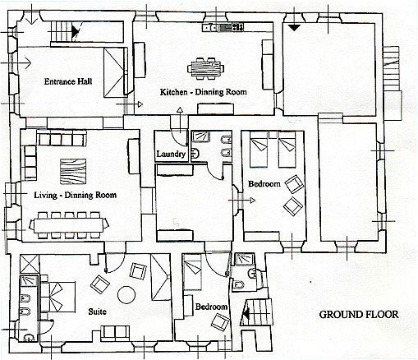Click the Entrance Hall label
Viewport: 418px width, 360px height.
pyautogui.click(x=68, y=81)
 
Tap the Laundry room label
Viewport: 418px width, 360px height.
pyautogui.click(x=171, y=154)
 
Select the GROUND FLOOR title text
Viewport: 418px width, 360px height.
pyautogui.click(x=359, y=315)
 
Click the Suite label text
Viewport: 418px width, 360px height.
pyautogui.click(x=98, y=312)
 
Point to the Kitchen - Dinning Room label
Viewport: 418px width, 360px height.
pyautogui.click(x=204, y=92)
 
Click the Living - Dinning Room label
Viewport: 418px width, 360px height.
pyautogui.click(x=76, y=195)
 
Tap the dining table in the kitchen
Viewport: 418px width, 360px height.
pyautogui.click(x=205, y=68)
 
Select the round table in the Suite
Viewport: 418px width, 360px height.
pyautogui.click(x=126, y=295)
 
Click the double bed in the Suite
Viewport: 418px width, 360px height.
pyautogui.click(x=57, y=297)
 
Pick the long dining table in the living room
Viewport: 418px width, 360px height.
pyautogui.click(x=69, y=225)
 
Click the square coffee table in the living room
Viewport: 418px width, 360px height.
pyautogui.click(x=73, y=172)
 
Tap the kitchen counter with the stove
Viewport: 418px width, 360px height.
pyautogui.click(x=223, y=27)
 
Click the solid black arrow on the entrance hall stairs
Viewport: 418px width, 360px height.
pyautogui.click(x=75, y=31)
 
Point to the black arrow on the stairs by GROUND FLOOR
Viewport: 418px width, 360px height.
pyautogui.click(x=246, y=314)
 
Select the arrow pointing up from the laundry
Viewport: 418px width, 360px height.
pyautogui.click(x=180, y=120)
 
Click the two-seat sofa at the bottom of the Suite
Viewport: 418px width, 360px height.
pyautogui.click(x=115, y=334)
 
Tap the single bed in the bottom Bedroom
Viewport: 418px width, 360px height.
pyautogui.click(x=193, y=271)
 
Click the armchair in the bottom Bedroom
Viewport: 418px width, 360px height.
pyautogui.click(x=220, y=322)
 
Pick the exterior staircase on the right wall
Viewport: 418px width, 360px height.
pyautogui.click(x=391, y=68)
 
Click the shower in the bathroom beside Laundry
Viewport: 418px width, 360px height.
pyautogui.click(x=200, y=136)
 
